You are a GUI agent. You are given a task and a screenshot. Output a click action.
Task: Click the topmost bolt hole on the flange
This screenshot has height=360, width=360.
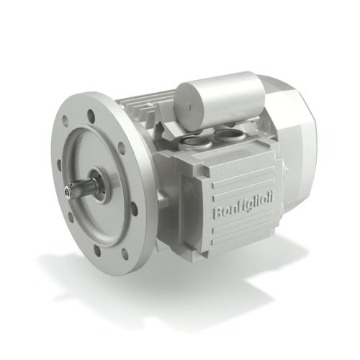[89, 113]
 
